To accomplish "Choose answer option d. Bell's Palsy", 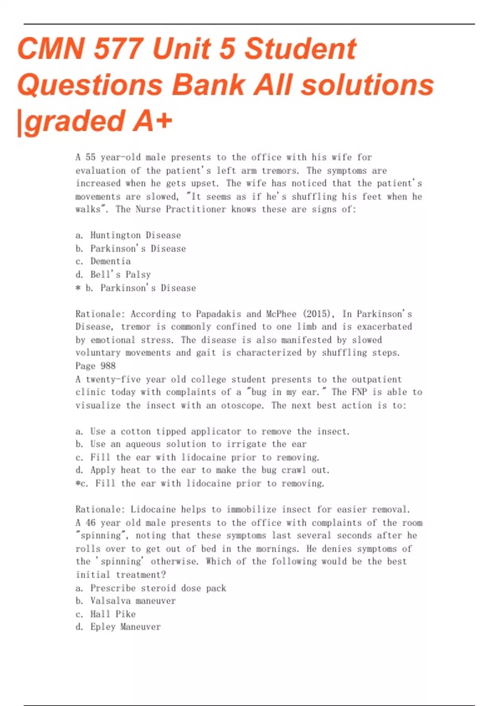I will [113, 275].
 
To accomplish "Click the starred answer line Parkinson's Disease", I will [136, 288].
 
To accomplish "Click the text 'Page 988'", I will [96, 366].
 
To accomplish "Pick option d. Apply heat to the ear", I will [202, 470].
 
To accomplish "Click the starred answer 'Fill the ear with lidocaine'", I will [200, 483].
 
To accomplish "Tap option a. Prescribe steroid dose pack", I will [151, 588].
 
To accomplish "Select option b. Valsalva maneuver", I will [126, 601].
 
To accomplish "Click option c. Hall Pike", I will [106, 614].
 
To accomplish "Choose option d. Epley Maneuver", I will [118, 627].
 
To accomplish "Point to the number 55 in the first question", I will [91, 157].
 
